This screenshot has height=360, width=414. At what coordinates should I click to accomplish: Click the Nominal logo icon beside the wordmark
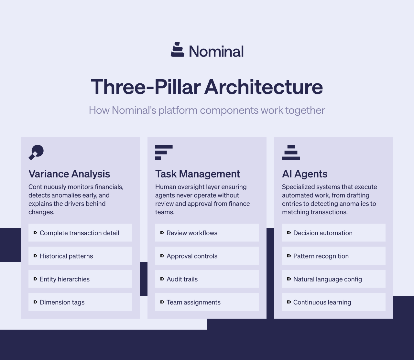(177, 49)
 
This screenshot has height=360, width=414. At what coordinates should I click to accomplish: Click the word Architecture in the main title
(263, 87)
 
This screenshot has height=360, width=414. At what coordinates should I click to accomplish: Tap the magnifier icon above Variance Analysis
(36, 152)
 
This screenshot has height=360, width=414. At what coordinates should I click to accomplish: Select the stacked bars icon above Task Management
(164, 152)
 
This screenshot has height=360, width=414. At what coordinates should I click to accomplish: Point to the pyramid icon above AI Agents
(291, 153)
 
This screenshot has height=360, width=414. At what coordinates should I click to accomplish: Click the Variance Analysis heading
(69, 174)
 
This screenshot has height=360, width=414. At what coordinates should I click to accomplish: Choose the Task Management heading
(198, 174)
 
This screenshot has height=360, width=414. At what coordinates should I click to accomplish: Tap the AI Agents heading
(305, 174)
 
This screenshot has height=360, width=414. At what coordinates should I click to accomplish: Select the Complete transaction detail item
(80, 233)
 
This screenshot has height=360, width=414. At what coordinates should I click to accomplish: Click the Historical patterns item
(67, 256)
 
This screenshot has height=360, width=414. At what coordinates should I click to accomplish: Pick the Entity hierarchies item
(65, 279)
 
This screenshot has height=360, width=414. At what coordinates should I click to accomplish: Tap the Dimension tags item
(62, 302)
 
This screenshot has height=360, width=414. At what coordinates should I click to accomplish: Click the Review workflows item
(192, 233)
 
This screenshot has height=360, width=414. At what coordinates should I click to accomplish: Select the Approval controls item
(192, 256)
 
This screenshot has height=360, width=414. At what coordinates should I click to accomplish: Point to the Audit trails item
(182, 279)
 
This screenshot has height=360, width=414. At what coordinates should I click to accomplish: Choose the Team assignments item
(193, 302)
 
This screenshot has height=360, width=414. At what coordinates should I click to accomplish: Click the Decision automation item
(323, 233)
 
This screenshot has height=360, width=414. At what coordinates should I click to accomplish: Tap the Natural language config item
(328, 279)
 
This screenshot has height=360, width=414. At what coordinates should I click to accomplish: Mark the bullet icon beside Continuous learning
(289, 302)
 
